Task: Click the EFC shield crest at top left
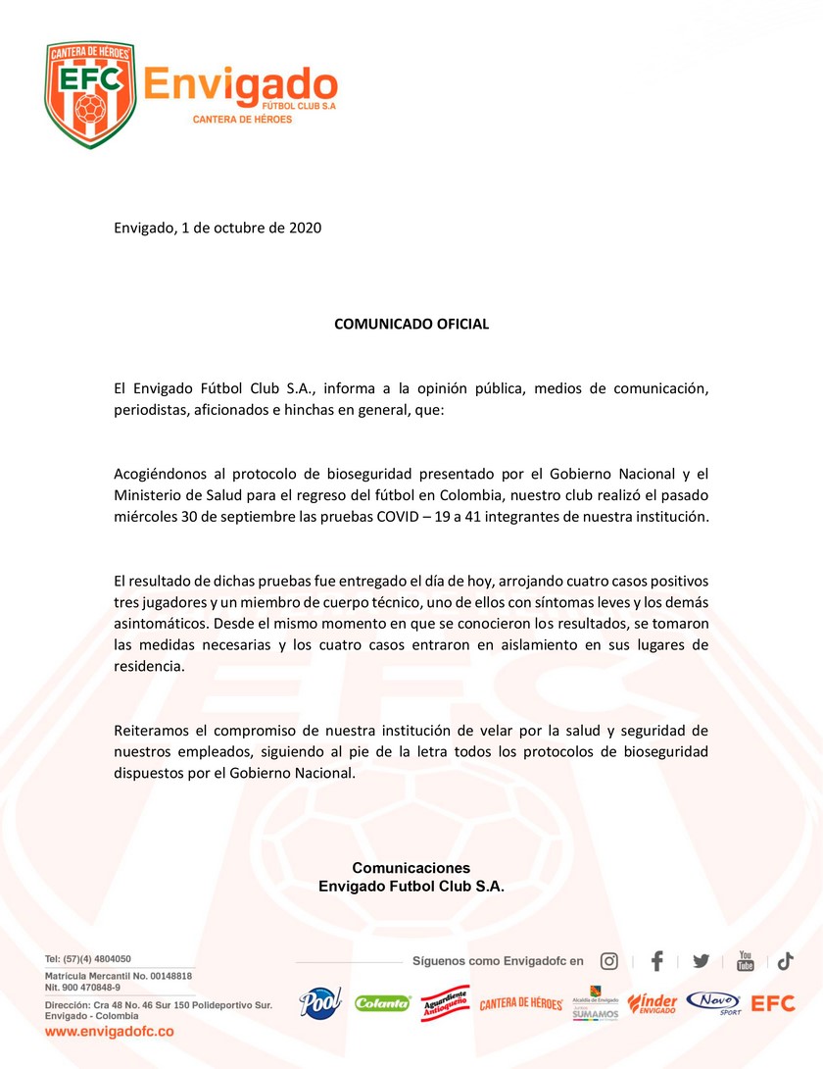89,94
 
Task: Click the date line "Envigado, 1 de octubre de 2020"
218,228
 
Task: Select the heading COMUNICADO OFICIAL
411,324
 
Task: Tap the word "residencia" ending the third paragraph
148,666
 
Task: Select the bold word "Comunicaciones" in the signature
411,868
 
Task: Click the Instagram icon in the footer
609,961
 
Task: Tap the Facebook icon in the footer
657,961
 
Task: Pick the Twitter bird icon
701,961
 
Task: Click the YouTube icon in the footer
746,961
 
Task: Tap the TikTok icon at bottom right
786,961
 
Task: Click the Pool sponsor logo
319,1002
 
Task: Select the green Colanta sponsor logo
382,1003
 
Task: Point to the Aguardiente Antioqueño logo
445,1003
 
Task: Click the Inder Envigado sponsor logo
653,1003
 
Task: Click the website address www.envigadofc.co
110,1032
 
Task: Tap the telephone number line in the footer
88,959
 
